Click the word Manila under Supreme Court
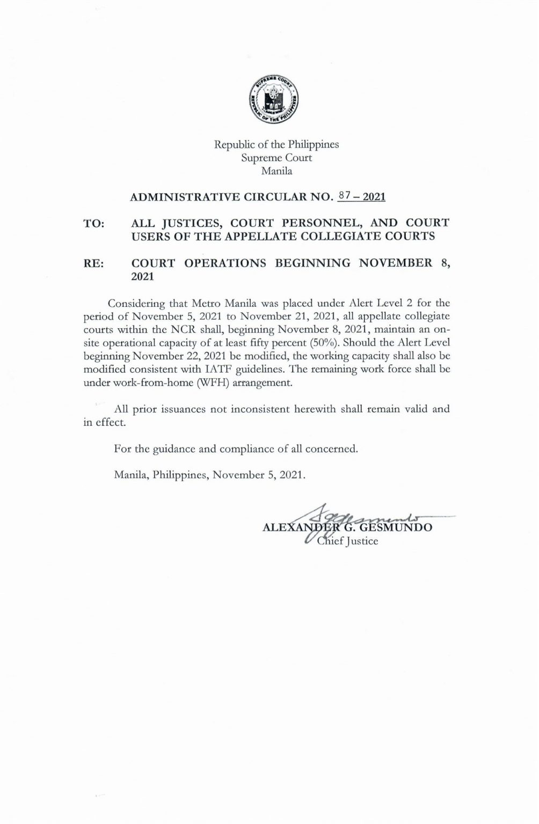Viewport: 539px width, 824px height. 276,172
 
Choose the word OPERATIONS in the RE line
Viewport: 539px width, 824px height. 227,263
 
